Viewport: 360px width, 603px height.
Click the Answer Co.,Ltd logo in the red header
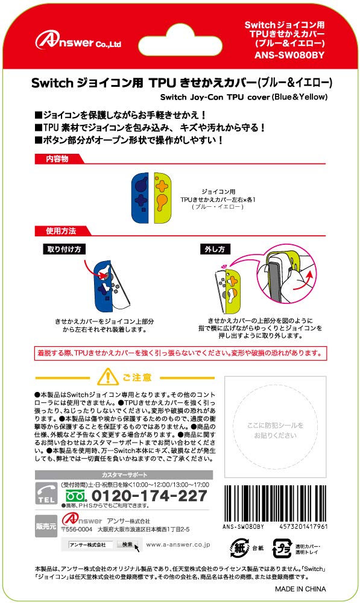(78, 40)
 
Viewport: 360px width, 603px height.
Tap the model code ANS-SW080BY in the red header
(289, 55)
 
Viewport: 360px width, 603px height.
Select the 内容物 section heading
(57, 159)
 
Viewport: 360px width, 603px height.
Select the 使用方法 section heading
(61, 231)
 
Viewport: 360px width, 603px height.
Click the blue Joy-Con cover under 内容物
(140, 198)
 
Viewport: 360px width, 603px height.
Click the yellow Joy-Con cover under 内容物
(162, 198)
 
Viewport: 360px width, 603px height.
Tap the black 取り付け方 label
(65, 249)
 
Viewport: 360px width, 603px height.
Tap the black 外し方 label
(215, 249)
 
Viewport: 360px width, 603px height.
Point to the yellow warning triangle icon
(108, 377)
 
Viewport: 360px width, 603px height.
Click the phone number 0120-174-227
(149, 496)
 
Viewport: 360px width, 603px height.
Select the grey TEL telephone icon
(46, 493)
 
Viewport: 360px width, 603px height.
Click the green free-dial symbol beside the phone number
(77, 496)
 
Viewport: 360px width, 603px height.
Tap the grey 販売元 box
(46, 526)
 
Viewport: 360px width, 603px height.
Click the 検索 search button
(128, 545)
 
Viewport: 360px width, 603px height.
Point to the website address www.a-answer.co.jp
(178, 545)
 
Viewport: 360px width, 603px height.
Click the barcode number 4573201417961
(303, 526)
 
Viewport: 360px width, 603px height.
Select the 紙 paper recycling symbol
(239, 548)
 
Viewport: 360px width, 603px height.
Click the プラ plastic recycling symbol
(282, 548)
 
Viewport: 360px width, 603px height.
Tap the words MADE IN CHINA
(300, 589)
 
